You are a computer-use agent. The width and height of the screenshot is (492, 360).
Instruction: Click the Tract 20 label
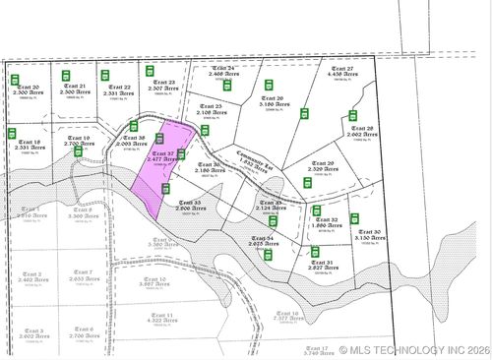(29, 88)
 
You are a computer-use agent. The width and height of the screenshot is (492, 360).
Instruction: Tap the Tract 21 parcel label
(76, 87)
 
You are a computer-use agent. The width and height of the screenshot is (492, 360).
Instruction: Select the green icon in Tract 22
(105, 75)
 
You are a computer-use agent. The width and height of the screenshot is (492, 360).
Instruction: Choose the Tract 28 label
(362, 128)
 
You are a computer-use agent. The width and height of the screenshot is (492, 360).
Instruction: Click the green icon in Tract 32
(317, 210)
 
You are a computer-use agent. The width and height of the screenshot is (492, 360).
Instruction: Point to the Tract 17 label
(315, 348)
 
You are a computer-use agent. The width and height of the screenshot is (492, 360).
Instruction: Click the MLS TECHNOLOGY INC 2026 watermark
(412, 349)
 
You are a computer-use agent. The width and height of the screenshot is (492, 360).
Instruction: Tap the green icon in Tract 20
(15, 79)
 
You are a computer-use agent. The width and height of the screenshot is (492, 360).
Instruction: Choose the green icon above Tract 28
(352, 116)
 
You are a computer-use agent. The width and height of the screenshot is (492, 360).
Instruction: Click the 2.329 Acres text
(323, 169)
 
